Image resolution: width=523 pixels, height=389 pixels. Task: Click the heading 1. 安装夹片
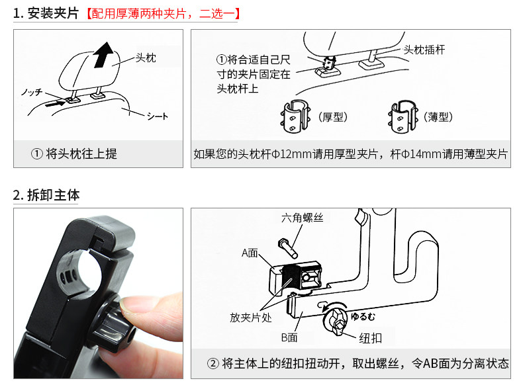click(46, 13)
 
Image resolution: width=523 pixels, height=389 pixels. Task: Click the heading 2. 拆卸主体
click(46, 195)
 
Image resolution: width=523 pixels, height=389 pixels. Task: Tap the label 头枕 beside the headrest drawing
click(146, 58)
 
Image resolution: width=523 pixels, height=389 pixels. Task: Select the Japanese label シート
click(157, 116)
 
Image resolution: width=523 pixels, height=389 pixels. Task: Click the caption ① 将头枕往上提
click(75, 154)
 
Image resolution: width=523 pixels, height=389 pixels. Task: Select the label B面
click(289, 337)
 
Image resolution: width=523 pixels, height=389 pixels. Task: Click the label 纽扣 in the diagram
click(371, 339)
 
